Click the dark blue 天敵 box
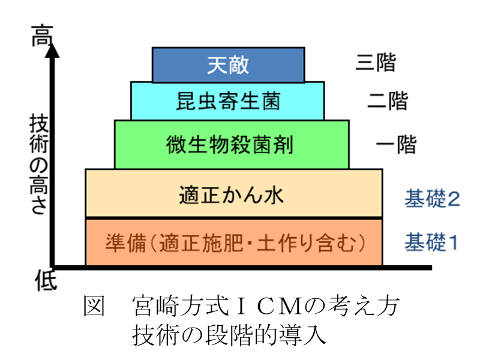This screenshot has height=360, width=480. (x=228, y=65)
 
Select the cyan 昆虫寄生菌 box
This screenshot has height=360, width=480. (x=228, y=101)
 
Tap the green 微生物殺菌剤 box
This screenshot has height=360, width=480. (x=231, y=145)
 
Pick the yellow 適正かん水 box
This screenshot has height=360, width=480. (x=234, y=194)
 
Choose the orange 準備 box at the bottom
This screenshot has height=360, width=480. (x=234, y=242)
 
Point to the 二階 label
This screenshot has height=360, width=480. (x=388, y=101)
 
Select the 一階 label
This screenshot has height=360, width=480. (x=395, y=145)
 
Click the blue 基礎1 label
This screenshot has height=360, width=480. (x=432, y=242)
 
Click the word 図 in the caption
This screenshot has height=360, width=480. (x=94, y=308)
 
